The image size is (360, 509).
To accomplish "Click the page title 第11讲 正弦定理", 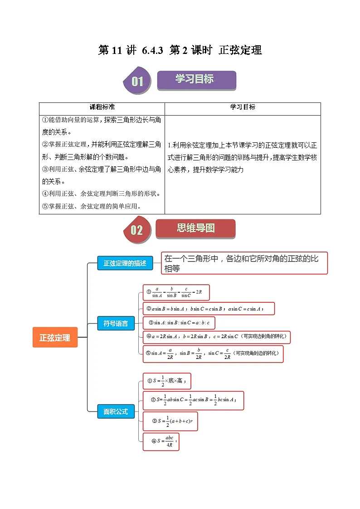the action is coord(180,50).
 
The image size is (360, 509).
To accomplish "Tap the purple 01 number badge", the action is coord(137,82).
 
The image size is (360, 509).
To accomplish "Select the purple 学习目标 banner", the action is coord(196,80).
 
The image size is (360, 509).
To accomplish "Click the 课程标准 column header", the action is coord(102,107).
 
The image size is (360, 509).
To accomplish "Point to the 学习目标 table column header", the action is coord(243,107).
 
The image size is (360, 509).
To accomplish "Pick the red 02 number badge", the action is coord(136,230).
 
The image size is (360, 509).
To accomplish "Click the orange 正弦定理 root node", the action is coord(55,338).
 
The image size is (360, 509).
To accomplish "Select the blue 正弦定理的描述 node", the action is coord(125,263).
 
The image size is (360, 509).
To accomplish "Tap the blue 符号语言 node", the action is coord(116,324).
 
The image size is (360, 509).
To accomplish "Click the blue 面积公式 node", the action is coord(116,412).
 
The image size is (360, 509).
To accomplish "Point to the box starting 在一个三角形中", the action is coord(244,263).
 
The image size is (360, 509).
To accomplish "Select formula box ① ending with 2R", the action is coord(176,292).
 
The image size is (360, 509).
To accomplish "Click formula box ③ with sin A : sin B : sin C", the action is coord(178,323).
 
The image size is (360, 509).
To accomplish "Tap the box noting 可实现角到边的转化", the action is coord(213,354).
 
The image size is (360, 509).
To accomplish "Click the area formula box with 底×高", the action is coord(166,381).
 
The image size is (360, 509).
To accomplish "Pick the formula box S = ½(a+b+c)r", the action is coord(170,421).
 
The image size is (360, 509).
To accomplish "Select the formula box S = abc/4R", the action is coord(161,441).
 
